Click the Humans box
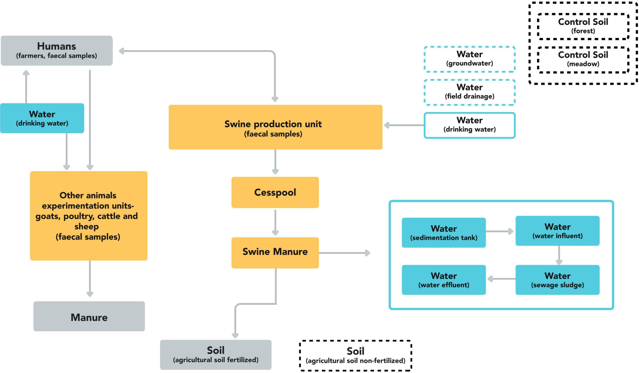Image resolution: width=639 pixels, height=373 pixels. point(57,50)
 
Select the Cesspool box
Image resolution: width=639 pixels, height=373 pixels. point(275,192)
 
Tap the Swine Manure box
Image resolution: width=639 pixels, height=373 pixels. point(275,252)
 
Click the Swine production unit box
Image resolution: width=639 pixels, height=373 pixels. point(275,127)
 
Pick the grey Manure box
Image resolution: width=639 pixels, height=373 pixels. point(89,316)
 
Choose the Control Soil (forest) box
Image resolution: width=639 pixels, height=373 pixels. point(583,26)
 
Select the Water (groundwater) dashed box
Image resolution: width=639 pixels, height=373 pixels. point(469,59)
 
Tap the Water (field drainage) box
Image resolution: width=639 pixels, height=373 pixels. point(469,92)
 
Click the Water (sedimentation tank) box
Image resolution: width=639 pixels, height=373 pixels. point(444,232)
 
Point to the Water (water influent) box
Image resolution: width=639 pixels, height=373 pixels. point(557,230)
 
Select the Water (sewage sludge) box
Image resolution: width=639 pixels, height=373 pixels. point(557,280)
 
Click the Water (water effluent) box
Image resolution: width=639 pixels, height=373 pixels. point(444,280)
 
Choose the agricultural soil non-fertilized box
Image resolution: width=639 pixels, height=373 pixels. point(355,355)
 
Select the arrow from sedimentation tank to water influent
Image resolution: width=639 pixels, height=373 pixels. point(499,231)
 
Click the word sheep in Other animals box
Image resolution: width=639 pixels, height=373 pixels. point(86,226)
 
